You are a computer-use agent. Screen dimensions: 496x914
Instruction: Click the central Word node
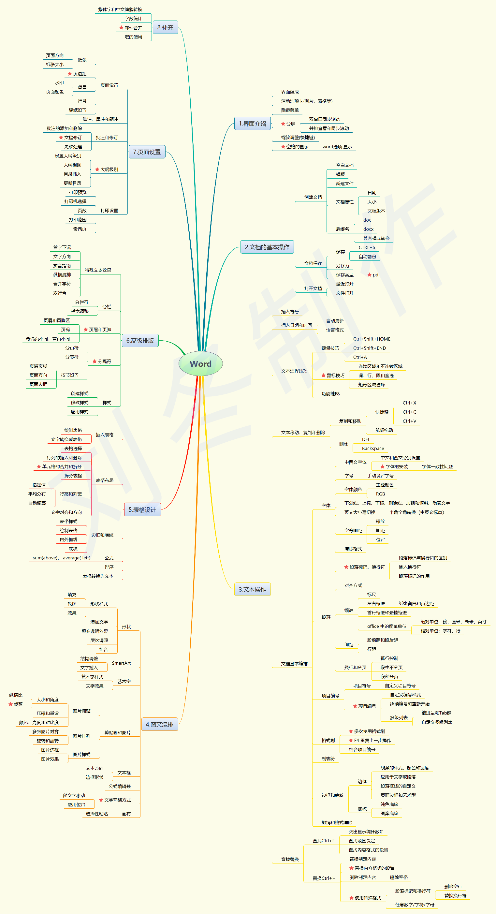(x=200, y=364)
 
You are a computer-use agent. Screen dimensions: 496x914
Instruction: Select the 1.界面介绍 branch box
(x=252, y=124)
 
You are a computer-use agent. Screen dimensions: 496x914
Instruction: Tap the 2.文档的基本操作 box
(x=267, y=247)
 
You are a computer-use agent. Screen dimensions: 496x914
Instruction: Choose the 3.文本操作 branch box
(x=252, y=589)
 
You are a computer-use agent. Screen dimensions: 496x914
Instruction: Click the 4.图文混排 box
(x=160, y=725)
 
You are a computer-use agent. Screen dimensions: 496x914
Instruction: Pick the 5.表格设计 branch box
(x=142, y=509)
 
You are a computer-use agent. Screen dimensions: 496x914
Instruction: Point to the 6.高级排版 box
(x=140, y=341)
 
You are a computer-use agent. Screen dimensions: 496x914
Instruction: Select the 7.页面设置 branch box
(x=147, y=152)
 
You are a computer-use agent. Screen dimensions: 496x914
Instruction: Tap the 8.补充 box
(x=165, y=27)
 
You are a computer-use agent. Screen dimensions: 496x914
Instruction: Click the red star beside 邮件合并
(x=121, y=28)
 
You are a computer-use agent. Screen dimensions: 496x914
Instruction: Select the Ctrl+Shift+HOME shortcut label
(x=372, y=339)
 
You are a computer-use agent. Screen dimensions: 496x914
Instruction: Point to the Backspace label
(x=373, y=449)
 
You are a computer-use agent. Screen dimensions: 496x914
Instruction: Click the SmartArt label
(x=121, y=663)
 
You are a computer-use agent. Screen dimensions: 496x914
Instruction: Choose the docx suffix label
(x=368, y=229)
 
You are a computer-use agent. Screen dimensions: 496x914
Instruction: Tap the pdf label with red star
(x=376, y=275)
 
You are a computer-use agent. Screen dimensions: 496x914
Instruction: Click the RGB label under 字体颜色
(x=380, y=494)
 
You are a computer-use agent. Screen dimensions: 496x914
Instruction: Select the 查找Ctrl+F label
(x=323, y=841)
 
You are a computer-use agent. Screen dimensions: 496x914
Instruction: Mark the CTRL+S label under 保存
(x=367, y=247)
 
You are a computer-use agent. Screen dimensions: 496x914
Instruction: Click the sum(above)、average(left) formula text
(x=61, y=558)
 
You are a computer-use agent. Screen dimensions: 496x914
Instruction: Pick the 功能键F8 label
(x=330, y=394)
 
